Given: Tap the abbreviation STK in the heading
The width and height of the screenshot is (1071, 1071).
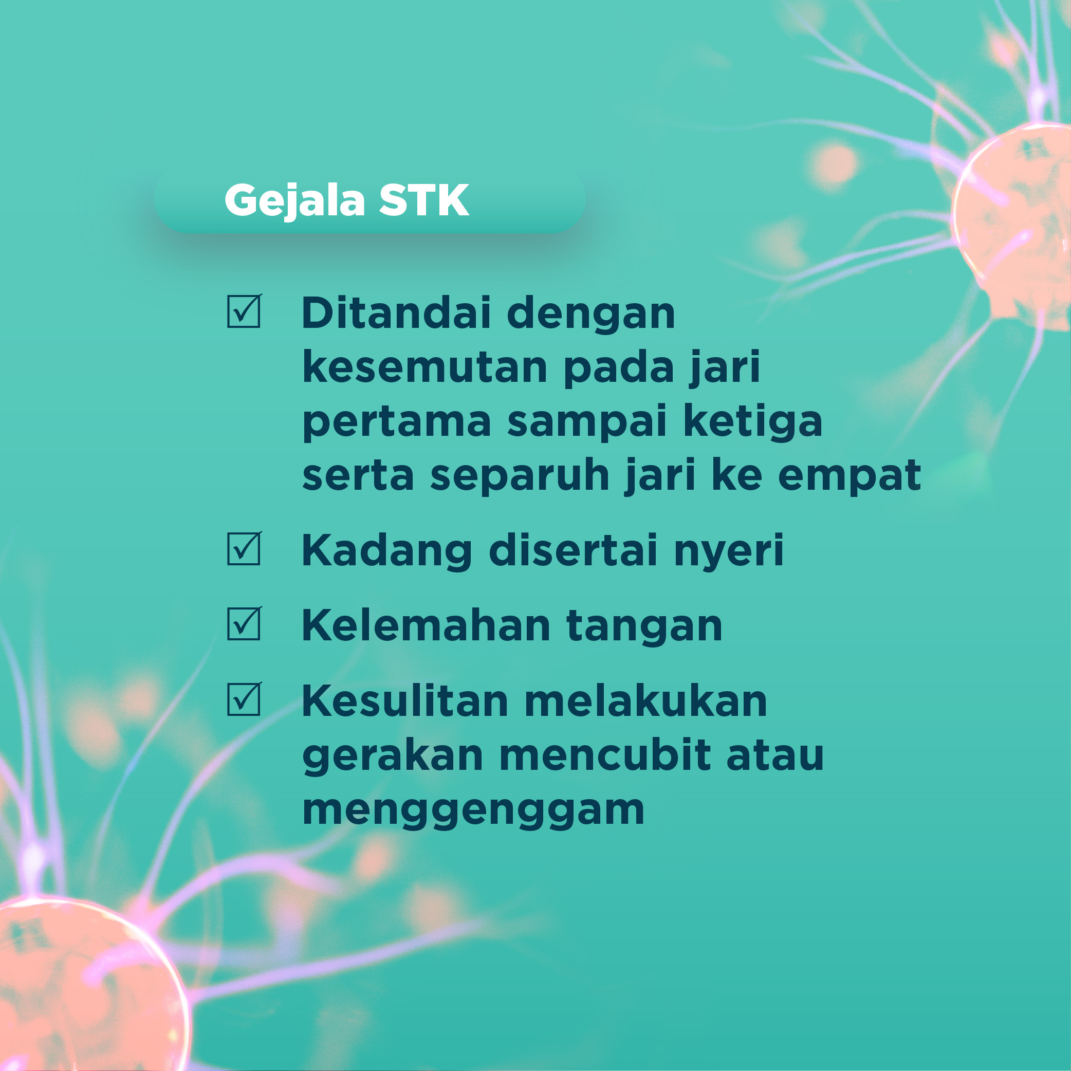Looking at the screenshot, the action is point(424,200).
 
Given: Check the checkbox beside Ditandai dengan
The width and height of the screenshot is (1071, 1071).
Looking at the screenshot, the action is point(244,311).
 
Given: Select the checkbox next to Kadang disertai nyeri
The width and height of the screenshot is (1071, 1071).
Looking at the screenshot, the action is point(244,548).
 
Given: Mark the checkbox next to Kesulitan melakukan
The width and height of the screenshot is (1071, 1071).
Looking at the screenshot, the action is point(244,698).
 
